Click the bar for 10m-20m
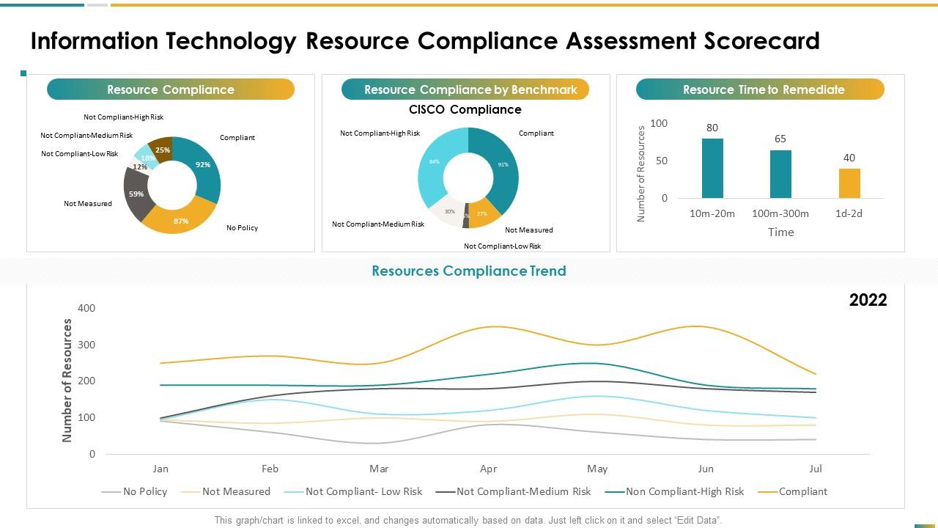point(712,169)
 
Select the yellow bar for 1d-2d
point(849,183)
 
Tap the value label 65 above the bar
point(780,139)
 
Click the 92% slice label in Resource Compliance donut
point(203,165)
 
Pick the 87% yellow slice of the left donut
point(181,221)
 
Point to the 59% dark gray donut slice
point(136,194)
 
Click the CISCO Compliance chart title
point(465,110)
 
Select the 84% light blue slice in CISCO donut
point(435,161)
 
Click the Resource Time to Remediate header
point(763,89)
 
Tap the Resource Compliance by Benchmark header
point(470,89)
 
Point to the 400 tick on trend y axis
point(86,308)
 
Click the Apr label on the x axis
point(488,469)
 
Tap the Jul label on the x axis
point(816,469)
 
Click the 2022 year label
point(868,300)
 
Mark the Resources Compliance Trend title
point(469,271)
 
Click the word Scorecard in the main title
point(761,41)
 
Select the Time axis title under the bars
point(780,232)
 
